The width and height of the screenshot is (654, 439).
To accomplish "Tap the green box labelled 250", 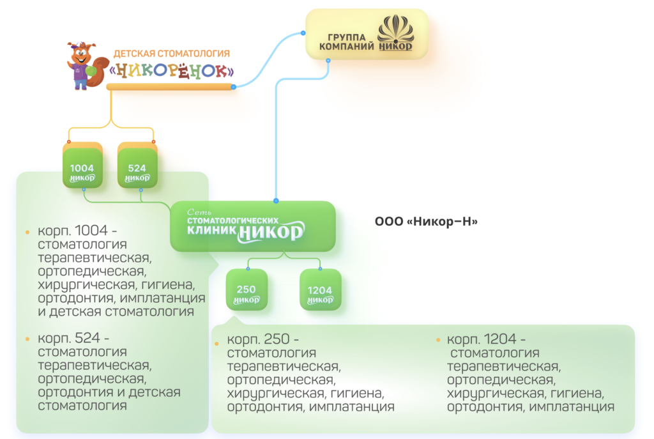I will pyautogui.click(x=247, y=292).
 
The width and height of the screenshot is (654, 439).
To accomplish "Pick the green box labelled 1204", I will pyautogui.click(x=320, y=293).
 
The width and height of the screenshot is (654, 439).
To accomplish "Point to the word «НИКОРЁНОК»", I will pyautogui.click(x=172, y=70).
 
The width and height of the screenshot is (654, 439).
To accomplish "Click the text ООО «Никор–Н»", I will pyautogui.click(x=426, y=222).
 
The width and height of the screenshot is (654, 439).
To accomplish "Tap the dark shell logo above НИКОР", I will pyautogui.click(x=395, y=29).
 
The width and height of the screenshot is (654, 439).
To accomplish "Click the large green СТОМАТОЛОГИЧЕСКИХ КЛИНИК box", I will pyautogui.click(x=252, y=226).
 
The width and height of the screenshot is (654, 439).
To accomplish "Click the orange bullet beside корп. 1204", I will pyautogui.click(x=437, y=339).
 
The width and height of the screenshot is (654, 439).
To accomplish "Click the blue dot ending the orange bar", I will pyautogui.click(x=234, y=87).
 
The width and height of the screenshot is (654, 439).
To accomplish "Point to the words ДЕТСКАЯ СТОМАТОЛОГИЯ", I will pyautogui.click(x=171, y=54).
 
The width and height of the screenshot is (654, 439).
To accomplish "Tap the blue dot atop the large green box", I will pyautogui.click(x=276, y=200).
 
